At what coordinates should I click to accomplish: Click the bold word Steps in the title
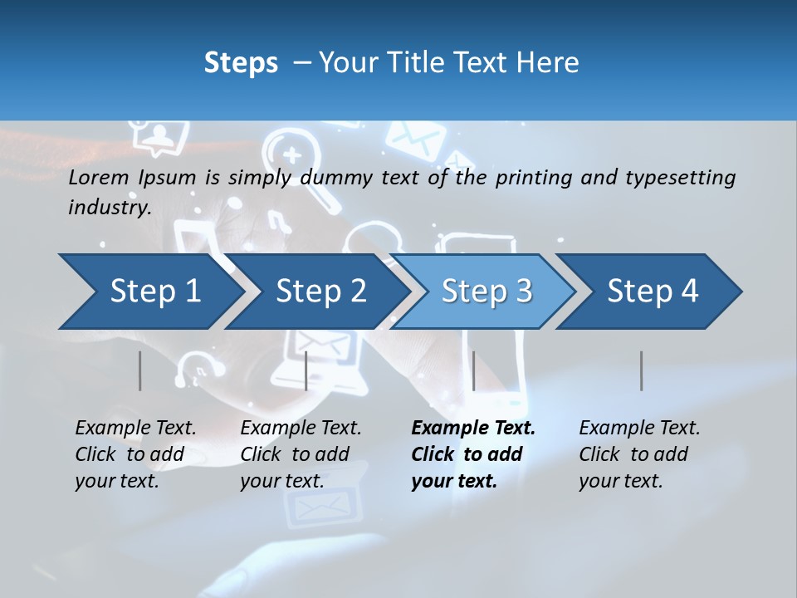(x=241, y=63)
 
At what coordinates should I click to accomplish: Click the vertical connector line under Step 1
(x=140, y=370)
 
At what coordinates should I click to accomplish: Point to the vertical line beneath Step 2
(x=306, y=370)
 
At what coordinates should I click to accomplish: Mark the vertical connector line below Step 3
(x=473, y=370)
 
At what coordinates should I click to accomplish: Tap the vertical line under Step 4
(x=641, y=370)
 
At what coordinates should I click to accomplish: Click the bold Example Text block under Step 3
(x=473, y=454)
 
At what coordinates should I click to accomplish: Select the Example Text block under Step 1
(x=135, y=454)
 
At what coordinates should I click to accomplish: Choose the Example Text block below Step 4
(x=639, y=454)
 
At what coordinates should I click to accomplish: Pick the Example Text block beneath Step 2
(x=301, y=454)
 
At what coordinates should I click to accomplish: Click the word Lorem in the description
(x=99, y=178)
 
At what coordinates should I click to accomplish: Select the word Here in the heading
(x=551, y=63)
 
